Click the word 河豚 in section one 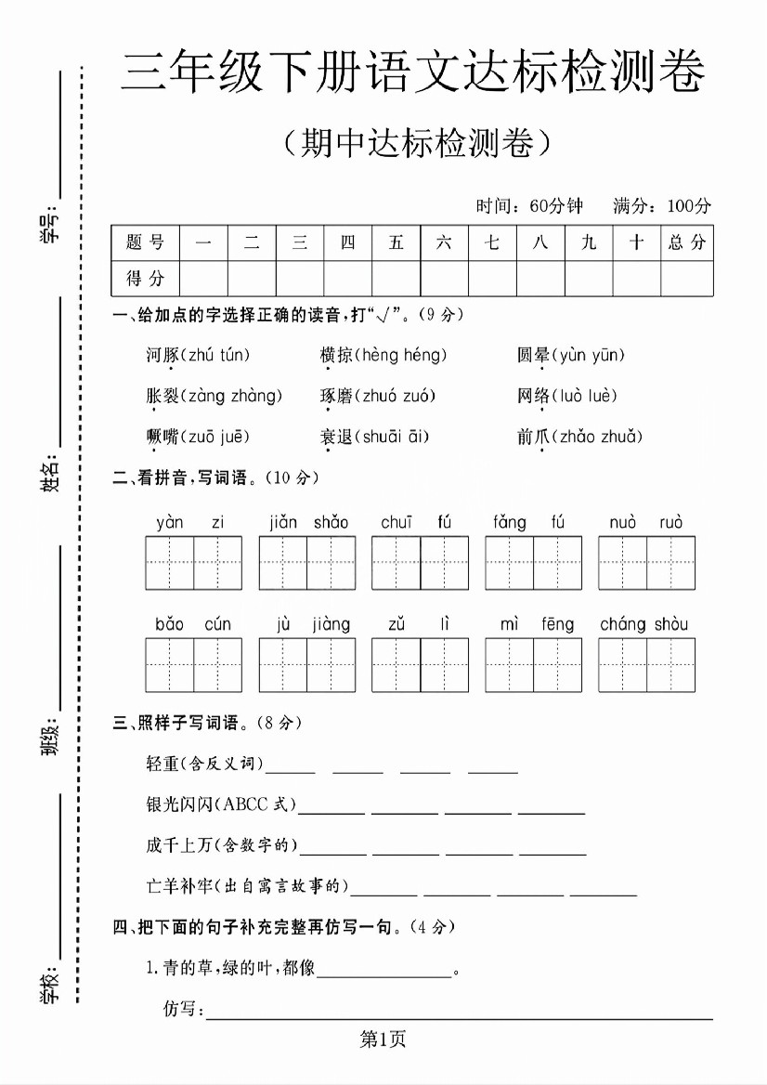[x=162, y=355]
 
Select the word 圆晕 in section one [x=533, y=355]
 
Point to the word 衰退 [x=334, y=437]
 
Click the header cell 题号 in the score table [x=145, y=242]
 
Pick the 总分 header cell [x=687, y=242]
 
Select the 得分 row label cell [x=145, y=278]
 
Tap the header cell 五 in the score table [x=396, y=242]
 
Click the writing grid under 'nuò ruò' [x=646, y=563]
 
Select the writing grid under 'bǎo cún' [x=193, y=665]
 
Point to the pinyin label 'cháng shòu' [x=644, y=624]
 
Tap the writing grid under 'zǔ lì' [x=420, y=665]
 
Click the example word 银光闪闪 [x=180, y=804]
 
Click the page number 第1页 [x=383, y=1040]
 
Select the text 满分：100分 [x=662, y=206]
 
